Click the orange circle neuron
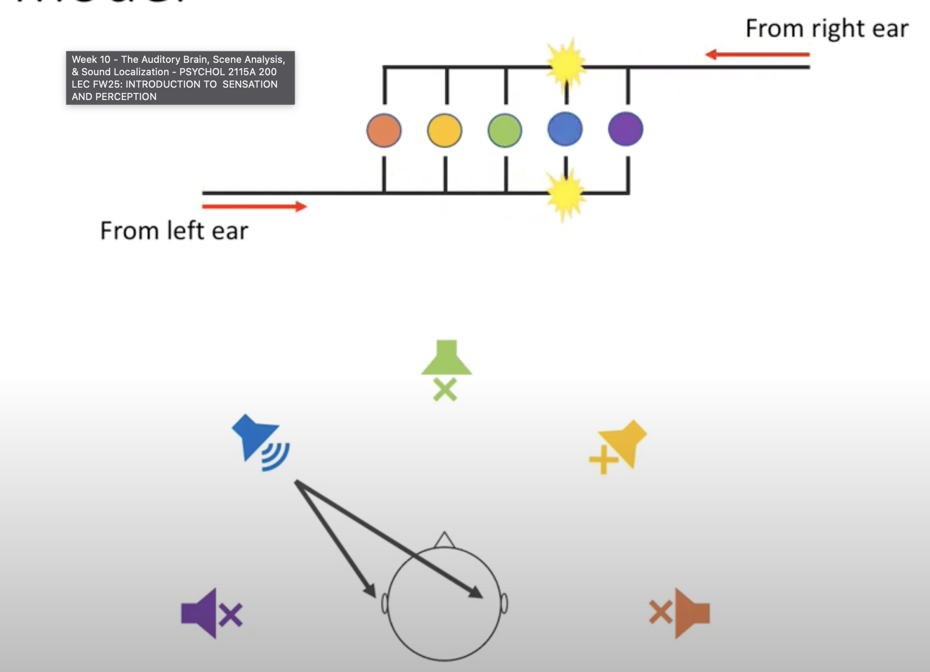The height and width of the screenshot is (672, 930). click(x=384, y=130)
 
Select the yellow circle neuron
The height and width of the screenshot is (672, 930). click(x=445, y=130)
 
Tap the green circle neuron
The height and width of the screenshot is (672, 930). click(x=505, y=130)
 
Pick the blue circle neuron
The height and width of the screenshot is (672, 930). click(x=565, y=129)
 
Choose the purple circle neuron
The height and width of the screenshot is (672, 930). click(x=626, y=129)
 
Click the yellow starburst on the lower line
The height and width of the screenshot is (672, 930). click(x=565, y=193)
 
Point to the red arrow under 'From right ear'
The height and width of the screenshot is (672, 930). click(x=757, y=54)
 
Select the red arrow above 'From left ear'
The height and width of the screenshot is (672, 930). click(x=254, y=206)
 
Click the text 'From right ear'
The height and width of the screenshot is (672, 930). click(x=827, y=29)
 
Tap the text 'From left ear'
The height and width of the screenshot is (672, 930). click(x=174, y=231)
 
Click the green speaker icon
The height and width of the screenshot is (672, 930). click(x=446, y=359)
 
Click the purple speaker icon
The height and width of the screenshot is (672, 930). click(x=200, y=613)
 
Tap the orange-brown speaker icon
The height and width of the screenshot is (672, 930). click(x=691, y=613)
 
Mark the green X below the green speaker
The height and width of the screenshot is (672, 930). click(x=445, y=390)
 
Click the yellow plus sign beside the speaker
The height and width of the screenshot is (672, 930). click(x=603, y=460)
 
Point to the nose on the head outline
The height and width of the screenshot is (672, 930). click(x=445, y=540)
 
